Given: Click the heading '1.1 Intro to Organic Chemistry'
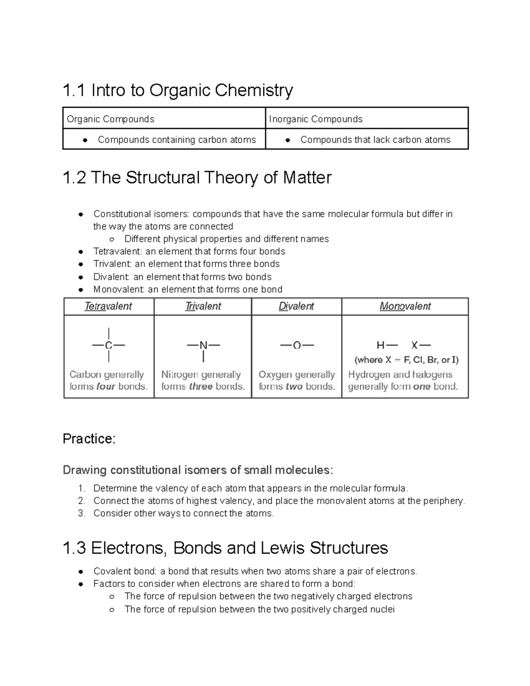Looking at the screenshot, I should click(x=178, y=91).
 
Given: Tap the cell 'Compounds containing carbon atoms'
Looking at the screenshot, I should click(x=177, y=140).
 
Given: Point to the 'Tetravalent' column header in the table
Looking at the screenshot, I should click(x=108, y=306).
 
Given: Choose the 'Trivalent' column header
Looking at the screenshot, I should click(x=203, y=306).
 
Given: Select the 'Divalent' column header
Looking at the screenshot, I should click(x=296, y=306).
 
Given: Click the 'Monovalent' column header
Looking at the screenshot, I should click(x=405, y=306).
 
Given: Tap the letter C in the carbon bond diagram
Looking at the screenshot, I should click(x=108, y=345).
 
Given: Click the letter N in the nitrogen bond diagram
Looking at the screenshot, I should click(x=203, y=345).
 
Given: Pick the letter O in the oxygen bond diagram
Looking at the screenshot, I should click(x=296, y=345).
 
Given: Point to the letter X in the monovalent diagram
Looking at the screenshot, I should click(x=414, y=345).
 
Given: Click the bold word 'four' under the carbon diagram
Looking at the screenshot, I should click(x=106, y=387).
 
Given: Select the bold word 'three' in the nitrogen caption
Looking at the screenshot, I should click(x=201, y=387).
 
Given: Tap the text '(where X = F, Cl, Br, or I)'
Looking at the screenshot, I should click(x=406, y=360).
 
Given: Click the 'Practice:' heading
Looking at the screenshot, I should click(x=89, y=439).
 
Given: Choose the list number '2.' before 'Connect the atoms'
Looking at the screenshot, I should click(x=81, y=501).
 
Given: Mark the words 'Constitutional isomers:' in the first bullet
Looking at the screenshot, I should click(x=141, y=214).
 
